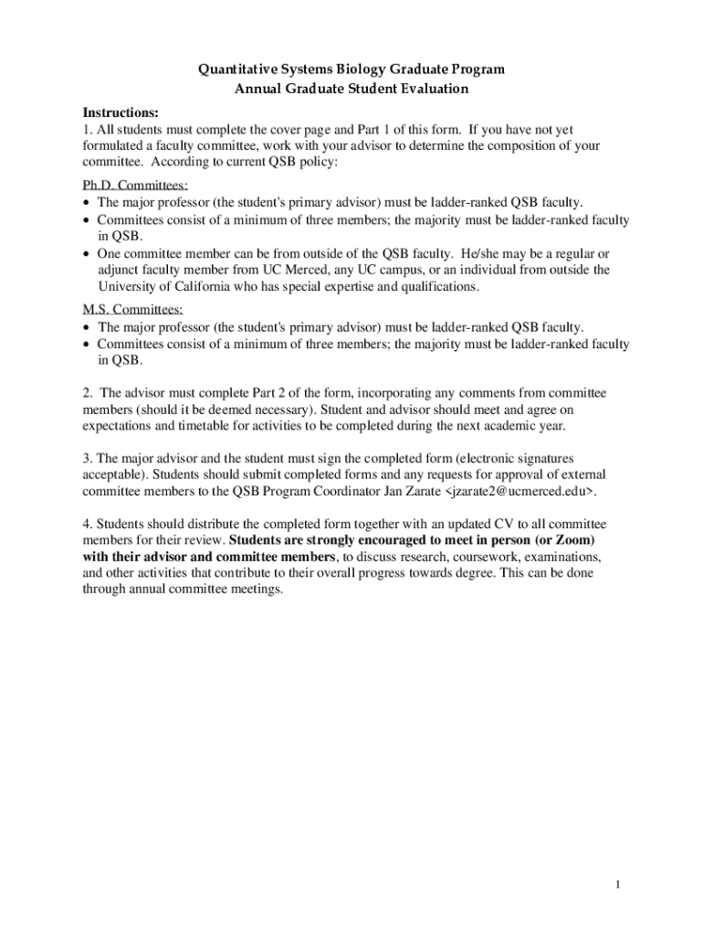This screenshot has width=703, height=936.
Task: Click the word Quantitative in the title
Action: pyautogui.click(x=237, y=69)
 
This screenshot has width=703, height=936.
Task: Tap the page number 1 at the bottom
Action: pyautogui.click(x=618, y=885)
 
